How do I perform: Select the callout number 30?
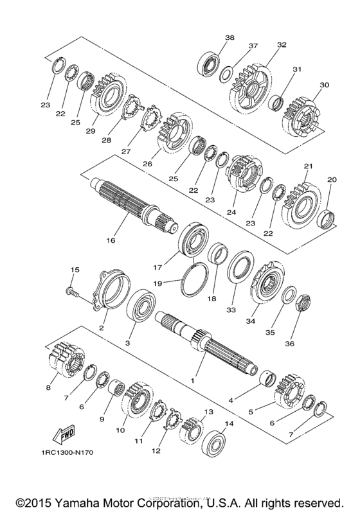(x=323, y=85)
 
